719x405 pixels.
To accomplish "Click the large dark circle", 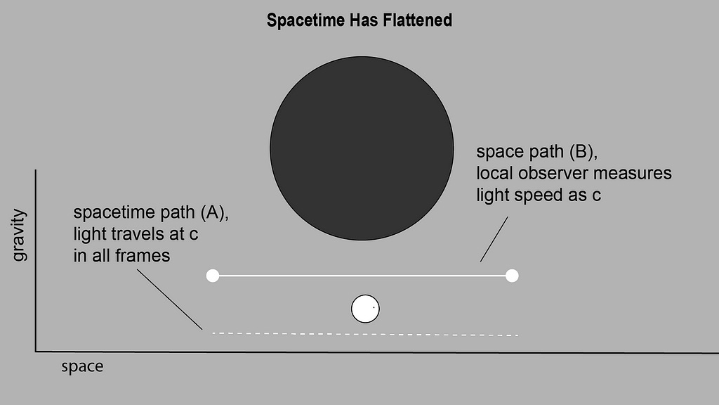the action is tap(362, 148).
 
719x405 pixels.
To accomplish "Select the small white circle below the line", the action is tap(365, 309).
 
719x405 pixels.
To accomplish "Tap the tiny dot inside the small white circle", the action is tap(374, 307).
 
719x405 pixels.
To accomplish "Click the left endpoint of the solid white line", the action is tap(213, 276).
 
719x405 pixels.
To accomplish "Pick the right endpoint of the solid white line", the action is tap(512, 276).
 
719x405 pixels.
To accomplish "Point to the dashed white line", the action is tap(365, 334).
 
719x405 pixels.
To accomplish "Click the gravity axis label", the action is tap(19, 236).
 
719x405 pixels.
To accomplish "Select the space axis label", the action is tap(82, 367).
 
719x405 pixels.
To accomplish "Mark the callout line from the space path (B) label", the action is tap(494, 239).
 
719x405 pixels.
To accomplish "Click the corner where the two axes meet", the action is tap(36, 350).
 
